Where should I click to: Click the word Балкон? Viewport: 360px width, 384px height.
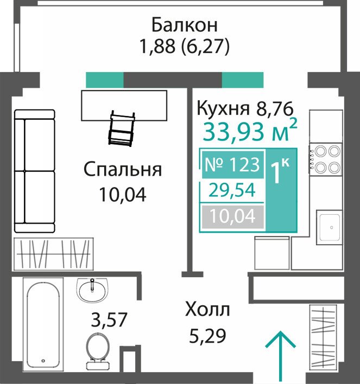coord(185,25)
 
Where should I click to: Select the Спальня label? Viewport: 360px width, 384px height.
coord(123,169)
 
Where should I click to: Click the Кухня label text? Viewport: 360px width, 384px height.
coord(223,108)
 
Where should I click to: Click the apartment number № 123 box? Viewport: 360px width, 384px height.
coord(232,164)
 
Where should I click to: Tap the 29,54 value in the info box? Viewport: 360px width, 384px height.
coord(232,190)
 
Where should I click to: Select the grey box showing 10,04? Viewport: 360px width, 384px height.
coord(232,216)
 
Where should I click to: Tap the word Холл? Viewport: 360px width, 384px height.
coord(207,309)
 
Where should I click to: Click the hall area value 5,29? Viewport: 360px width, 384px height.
coord(207,336)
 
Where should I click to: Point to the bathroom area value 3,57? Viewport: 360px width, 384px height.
coord(109,319)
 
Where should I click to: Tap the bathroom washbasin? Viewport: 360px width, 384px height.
coord(92,290)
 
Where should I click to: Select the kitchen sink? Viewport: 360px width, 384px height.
coord(330,227)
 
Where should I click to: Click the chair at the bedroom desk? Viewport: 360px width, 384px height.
coord(122,129)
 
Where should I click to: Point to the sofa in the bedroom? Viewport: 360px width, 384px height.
coord(34,171)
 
